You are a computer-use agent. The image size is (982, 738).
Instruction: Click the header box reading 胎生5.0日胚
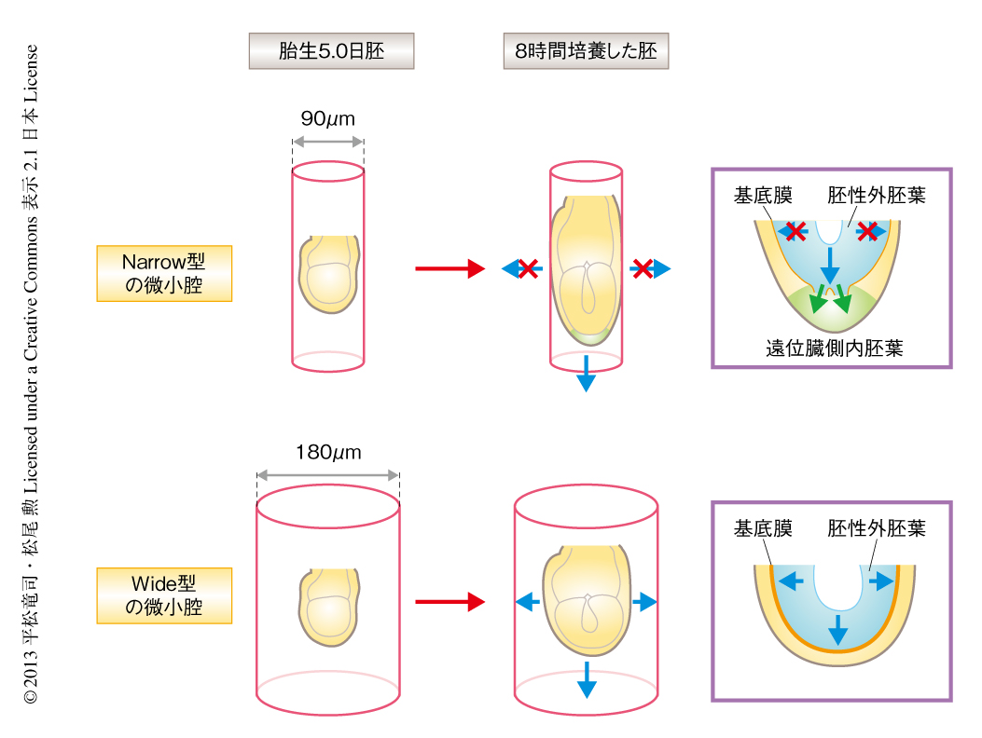(x=331, y=51)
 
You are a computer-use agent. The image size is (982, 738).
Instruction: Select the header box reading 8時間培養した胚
(x=586, y=51)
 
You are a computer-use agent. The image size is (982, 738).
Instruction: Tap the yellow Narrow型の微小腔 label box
(x=164, y=274)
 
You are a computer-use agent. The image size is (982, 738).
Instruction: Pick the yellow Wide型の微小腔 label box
(x=164, y=596)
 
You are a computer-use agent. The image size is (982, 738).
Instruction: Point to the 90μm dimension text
(x=327, y=119)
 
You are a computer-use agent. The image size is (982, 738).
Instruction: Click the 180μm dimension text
(x=327, y=453)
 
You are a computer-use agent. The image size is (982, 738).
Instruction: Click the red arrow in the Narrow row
(x=450, y=269)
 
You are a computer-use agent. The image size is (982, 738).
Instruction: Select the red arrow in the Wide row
(x=450, y=602)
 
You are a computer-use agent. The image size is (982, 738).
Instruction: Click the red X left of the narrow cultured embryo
(x=527, y=269)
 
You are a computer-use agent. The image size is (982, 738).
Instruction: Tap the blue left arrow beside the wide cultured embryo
(x=527, y=602)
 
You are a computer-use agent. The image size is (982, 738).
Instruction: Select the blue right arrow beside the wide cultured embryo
(x=644, y=602)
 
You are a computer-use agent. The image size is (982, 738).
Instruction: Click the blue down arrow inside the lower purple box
(x=837, y=630)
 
